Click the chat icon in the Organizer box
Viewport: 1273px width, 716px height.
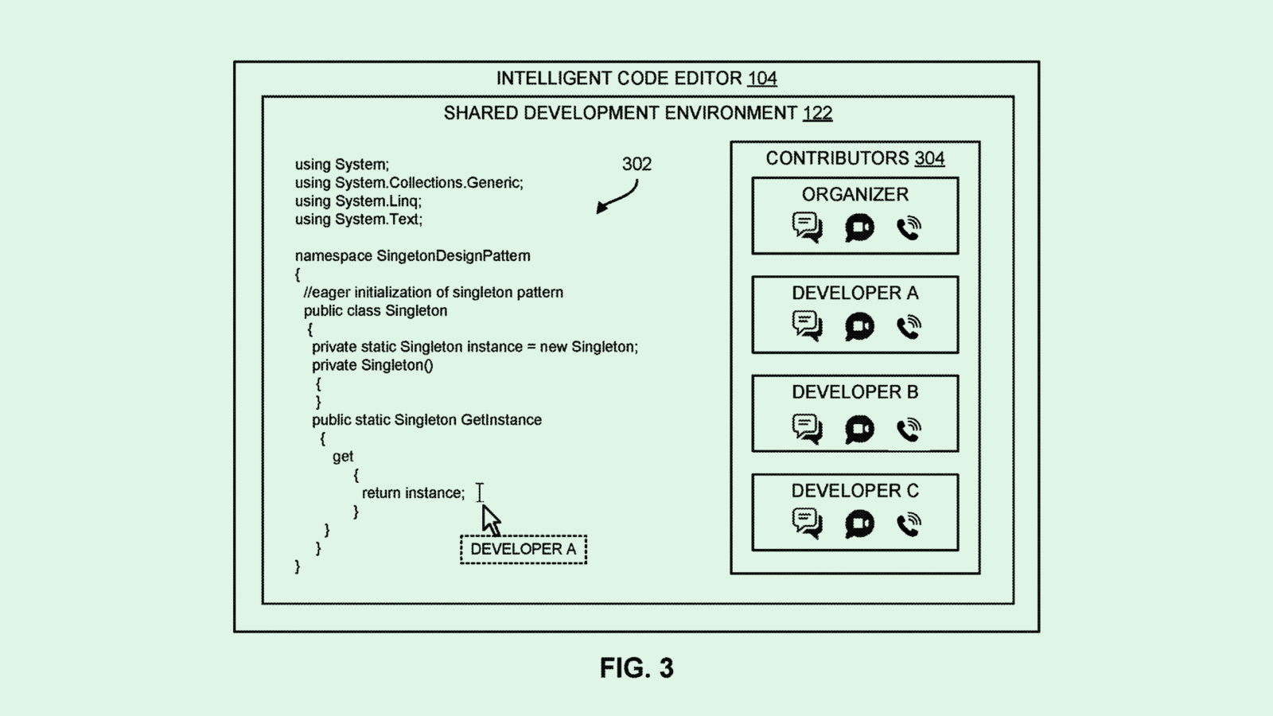click(x=807, y=228)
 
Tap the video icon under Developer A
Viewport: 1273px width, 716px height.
click(x=859, y=326)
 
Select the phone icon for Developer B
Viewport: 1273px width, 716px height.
click(x=909, y=430)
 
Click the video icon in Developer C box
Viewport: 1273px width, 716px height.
click(x=859, y=524)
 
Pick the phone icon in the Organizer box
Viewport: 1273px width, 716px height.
click(x=909, y=228)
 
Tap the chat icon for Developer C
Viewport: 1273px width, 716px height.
click(x=807, y=523)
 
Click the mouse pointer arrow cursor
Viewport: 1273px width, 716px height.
click(x=491, y=520)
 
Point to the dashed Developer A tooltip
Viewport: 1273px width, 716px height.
click(x=524, y=550)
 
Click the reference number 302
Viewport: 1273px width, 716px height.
click(x=636, y=164)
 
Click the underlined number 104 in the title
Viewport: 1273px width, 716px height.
click(x=762, y=78)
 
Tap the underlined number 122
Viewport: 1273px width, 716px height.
click(x=817, y=113)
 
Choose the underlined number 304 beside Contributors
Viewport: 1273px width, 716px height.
click(x=929, y=158)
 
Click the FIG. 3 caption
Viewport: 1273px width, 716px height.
click(x=636, y=668)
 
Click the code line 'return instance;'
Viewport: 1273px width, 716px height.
click(x=413, y=493)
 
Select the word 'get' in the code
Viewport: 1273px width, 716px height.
click(x=343, y=457)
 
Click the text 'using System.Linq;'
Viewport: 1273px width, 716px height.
click(x=358, y=201)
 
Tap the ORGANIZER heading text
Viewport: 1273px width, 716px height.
click(x=855, y=195)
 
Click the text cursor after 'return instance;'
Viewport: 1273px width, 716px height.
click(x=480, y=492)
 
